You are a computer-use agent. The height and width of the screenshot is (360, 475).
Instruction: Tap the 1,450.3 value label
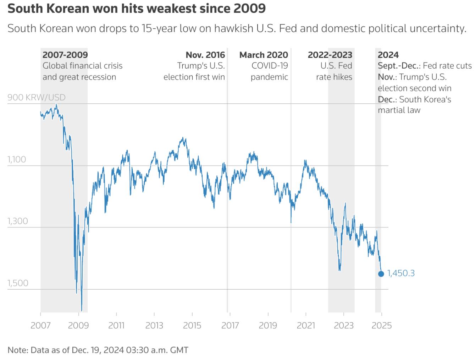point(401,273)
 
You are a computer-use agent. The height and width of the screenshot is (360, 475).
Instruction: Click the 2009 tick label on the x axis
point(78,325)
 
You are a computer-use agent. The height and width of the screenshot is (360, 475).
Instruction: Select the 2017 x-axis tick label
point(230,325)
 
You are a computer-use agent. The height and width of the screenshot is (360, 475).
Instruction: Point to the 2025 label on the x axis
point(382,325)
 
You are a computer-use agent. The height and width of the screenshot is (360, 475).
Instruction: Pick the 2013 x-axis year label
point(154,325)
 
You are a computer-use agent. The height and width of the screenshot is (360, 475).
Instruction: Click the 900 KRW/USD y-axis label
point(36,97)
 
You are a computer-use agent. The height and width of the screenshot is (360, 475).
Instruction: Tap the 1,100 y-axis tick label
point(17,159)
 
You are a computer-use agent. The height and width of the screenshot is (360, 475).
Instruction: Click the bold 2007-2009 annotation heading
point(65,55)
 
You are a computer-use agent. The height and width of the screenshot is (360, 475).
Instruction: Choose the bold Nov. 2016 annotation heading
point(205,55)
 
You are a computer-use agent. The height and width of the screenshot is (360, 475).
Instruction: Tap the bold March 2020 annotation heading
point(264,55)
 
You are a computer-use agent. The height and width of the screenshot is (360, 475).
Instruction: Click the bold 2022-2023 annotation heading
point(330,55)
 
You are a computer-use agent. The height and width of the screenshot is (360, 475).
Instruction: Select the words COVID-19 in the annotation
point(270,66)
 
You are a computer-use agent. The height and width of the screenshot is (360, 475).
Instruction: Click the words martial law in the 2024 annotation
point(399,110)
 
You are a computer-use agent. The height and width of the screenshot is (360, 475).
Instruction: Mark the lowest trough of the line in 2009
point(82,311)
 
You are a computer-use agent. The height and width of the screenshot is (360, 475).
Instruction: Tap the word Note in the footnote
point(17,350)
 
